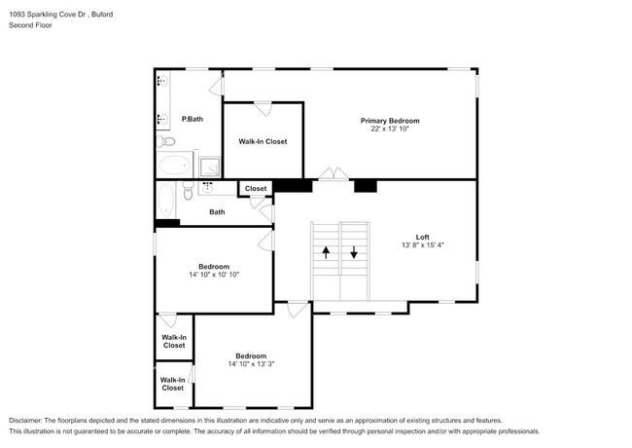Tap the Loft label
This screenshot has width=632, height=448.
pyautogui.click(x=422, y=237)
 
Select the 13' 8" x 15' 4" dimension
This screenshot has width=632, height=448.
pyautogui.click(x=422, y=245)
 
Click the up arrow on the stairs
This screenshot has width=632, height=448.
pyautogui.click(x=326, y=251)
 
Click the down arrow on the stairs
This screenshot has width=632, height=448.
pyautogui.click(x=354, y=251)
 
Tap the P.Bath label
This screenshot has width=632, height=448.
pyautogui.click(x=193, y=119)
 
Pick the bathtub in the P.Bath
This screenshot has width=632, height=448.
pyautogui.click(x=175, y=165)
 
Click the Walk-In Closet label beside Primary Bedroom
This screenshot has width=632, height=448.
pyautogui.click(x=263, y=141)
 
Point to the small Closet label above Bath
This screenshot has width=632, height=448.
pyautogui.click(x=256, y=189)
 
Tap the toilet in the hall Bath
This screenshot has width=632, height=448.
pyautogui.click(x=189, y=192)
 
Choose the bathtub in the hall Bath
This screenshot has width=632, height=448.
pyautogui.click(x=164, y=201)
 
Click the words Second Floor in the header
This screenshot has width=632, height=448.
pyautogui.click(x=31, y=25)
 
